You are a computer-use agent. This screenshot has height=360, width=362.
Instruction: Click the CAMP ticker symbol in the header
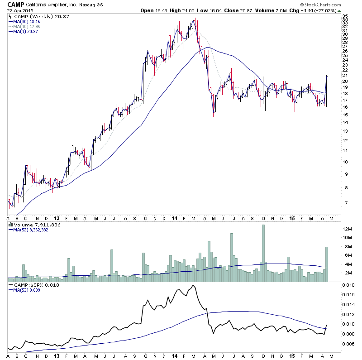[15, 5]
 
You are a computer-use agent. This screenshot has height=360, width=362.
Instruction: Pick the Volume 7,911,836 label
[34, 224]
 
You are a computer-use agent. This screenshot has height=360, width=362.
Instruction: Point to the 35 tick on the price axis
[345, 16]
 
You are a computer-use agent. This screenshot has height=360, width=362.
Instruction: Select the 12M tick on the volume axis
[347, 229]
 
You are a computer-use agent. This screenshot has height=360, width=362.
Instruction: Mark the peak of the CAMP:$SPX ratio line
[193, 285]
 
